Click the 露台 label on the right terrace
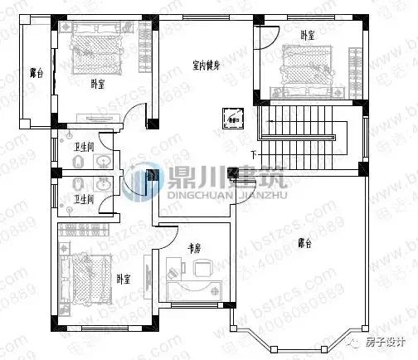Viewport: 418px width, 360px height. (304, 243)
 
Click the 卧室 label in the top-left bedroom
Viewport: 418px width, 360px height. (97, 83)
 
